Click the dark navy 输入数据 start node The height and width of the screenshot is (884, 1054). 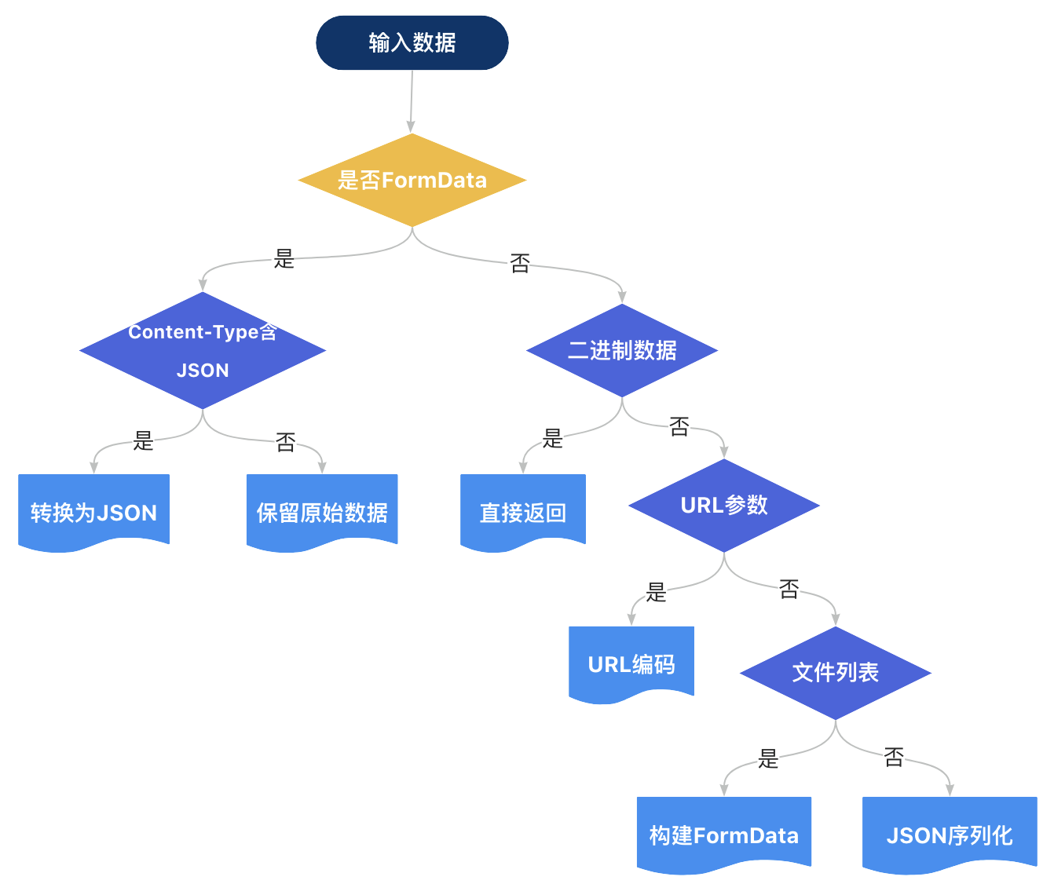point(412,42)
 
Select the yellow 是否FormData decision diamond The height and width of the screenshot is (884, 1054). point(412,180)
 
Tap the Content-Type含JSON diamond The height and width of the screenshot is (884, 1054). point(203,351)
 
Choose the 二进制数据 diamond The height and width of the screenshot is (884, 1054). point(622,350)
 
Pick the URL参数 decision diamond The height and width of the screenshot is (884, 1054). point(724,505)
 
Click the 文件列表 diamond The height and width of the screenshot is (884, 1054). point(836,672)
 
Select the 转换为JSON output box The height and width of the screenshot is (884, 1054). point(93,512)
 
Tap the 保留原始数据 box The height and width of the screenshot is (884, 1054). point(322,512)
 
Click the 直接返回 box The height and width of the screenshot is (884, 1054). point(523,512)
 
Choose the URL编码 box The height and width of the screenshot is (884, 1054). point(631,664)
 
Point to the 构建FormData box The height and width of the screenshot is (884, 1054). point(724,835)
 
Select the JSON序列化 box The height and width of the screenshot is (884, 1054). point(950,835)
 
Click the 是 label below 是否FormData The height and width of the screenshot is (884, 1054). point(284,258)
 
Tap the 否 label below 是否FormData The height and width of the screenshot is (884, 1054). point(520,263)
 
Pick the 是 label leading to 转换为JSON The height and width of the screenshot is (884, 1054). point(144,440)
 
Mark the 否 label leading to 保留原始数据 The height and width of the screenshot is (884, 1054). point(286,442)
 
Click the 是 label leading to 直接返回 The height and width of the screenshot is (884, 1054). point(553,438)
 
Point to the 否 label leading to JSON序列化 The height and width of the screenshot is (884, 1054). point(894,757)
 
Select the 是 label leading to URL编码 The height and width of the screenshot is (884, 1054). point(656,592)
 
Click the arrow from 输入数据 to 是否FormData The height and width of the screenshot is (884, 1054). point(412,102)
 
